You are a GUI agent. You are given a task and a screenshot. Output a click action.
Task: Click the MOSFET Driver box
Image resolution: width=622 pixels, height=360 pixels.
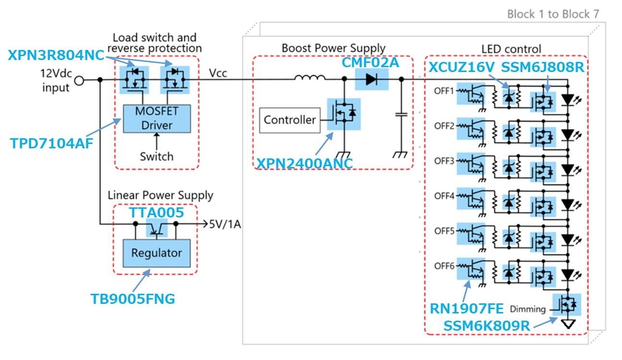157,118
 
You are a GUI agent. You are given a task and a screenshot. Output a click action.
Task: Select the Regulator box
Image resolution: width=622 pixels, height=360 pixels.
156,252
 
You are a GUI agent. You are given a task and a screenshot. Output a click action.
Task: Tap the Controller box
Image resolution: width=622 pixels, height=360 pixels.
289,120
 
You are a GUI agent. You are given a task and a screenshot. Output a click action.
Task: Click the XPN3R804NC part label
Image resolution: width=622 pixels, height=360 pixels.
56,55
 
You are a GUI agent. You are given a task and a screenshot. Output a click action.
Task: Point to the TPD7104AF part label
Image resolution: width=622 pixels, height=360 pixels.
52,143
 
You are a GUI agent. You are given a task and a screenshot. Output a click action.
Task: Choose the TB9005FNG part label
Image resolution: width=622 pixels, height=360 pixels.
133,299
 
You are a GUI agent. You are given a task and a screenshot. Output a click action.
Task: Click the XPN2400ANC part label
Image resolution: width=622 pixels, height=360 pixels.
304,163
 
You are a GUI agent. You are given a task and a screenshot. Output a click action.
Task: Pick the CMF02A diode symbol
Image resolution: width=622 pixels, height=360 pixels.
371,79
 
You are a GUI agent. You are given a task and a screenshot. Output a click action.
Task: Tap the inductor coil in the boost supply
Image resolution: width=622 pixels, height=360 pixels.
310,78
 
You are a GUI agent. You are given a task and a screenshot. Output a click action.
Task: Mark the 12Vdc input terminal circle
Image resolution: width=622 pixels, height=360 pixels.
79,80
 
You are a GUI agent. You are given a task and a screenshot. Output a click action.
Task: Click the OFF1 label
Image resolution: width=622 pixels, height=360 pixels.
444,90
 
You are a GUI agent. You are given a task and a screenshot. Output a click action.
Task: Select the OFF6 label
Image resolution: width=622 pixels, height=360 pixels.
444,265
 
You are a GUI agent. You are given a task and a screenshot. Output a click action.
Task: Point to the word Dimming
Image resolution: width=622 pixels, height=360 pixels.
528,309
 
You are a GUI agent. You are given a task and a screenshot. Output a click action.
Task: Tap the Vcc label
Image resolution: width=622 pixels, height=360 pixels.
218,73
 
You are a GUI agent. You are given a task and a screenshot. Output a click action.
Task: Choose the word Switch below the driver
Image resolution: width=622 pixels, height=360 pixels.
156,156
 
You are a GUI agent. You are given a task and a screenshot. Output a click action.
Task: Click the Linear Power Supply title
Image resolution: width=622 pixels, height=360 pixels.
160,195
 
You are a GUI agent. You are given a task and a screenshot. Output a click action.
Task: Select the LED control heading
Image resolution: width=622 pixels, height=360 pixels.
511,49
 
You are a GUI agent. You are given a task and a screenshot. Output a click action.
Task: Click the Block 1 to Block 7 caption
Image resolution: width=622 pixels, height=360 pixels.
553,14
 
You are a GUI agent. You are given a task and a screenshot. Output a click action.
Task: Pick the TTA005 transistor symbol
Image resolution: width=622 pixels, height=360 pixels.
157,228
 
